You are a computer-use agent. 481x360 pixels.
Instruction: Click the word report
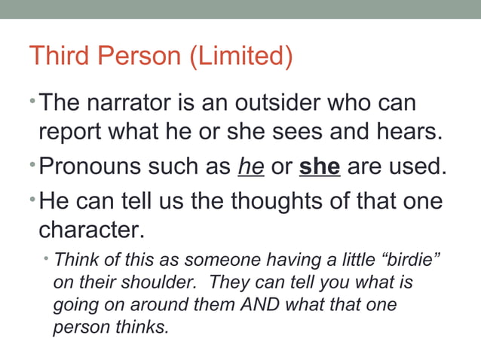coord(72,132)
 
